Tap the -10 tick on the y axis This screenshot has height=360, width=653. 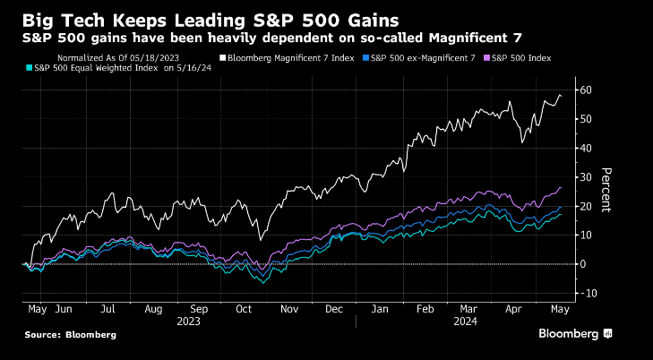coord(589,293)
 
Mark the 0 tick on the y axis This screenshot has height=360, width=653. coord(583,264)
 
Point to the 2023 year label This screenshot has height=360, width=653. coord(188,320)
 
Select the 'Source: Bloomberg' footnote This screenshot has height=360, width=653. coord(71,335)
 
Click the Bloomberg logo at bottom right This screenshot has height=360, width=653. coord(574,334)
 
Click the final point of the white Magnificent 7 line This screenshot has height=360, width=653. coord(562,95)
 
